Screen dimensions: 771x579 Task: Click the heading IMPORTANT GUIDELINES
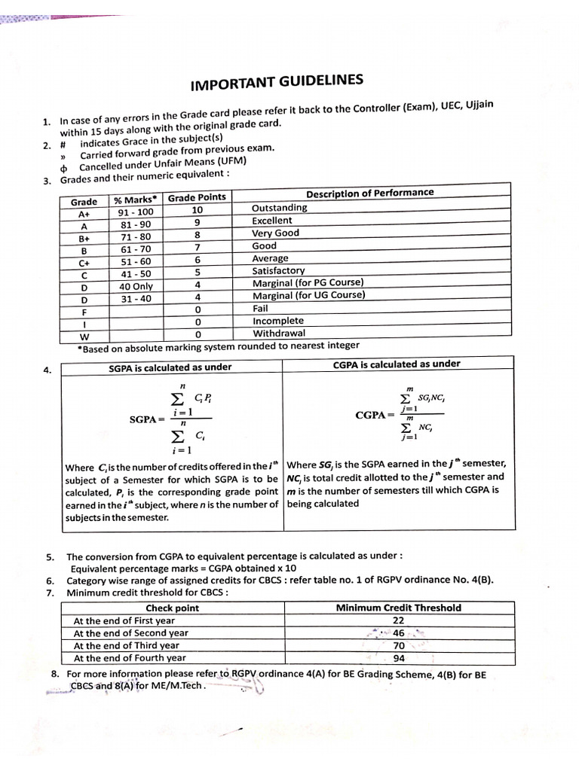click(276, 82)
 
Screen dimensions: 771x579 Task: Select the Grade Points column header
click(196, 198)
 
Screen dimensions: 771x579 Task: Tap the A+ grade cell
click(84, 214)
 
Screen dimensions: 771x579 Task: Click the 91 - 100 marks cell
click(136, 212)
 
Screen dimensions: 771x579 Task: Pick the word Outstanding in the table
click(279, 208)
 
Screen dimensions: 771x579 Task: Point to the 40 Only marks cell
click(136, 286)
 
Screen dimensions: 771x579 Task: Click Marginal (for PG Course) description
click(307, 283)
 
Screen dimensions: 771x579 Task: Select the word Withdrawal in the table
click(278, 333)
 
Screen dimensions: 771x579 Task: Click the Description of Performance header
click(369, 194)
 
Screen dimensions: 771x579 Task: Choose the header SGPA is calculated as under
click(170, 367)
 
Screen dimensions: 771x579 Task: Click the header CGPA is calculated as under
click(396, 364)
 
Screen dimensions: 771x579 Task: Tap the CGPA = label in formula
click(375, 415)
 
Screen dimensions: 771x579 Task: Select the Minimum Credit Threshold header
click(398, 608)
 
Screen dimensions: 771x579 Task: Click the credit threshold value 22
click(399, 620)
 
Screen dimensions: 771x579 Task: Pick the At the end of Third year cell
click(126, 645)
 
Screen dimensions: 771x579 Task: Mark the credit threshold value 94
click(399, 658)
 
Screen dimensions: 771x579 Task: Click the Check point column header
click(172, 608)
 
